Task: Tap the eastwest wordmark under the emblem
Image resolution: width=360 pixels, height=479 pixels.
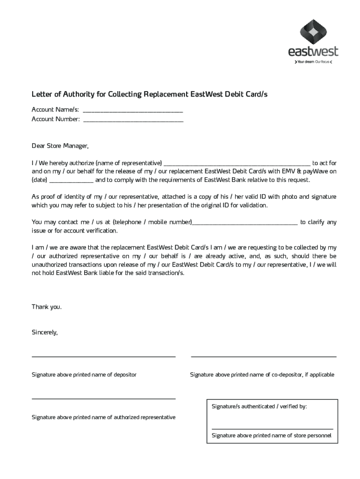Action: click(313, 51)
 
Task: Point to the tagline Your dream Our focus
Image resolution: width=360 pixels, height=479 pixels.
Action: click(313, 62)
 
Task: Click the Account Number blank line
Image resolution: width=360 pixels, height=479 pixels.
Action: click(133, 122)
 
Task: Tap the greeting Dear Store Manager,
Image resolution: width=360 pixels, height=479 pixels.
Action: click(59, 145)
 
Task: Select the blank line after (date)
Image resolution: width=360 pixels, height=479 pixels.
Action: click(71, 182)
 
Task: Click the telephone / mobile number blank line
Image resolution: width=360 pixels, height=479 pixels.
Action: click(245, 224)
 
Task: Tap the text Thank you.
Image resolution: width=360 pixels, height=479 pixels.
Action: click(46, 307)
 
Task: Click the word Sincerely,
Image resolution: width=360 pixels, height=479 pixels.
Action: click(44, 332)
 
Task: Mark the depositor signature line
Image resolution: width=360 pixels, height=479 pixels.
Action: click(103, 357)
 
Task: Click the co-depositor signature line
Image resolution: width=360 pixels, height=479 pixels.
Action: click(264, 357)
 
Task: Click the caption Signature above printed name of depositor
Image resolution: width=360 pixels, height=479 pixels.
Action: click(84, 375)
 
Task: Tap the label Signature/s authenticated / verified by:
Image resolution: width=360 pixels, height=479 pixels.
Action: click(259, 406)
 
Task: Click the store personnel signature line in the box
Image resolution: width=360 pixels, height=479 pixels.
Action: click(272, 428)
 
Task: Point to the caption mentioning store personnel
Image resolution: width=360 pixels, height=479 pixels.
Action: click(271, 435)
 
